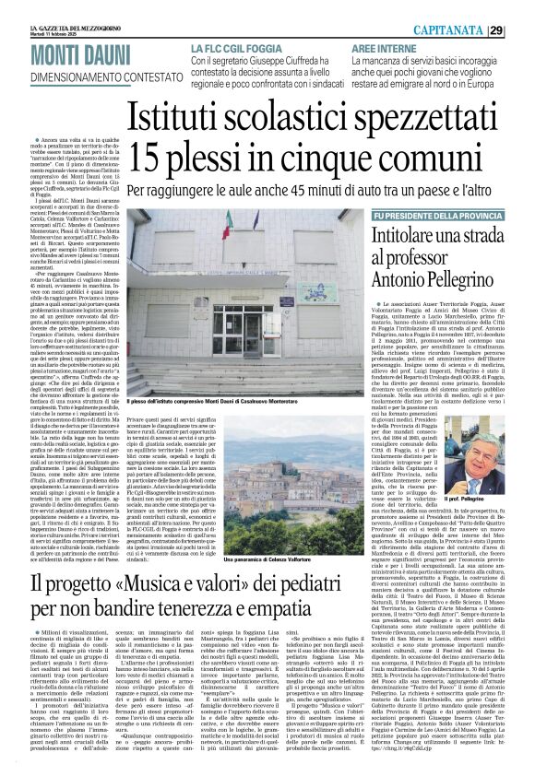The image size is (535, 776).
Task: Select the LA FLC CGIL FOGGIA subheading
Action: [236, 47]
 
